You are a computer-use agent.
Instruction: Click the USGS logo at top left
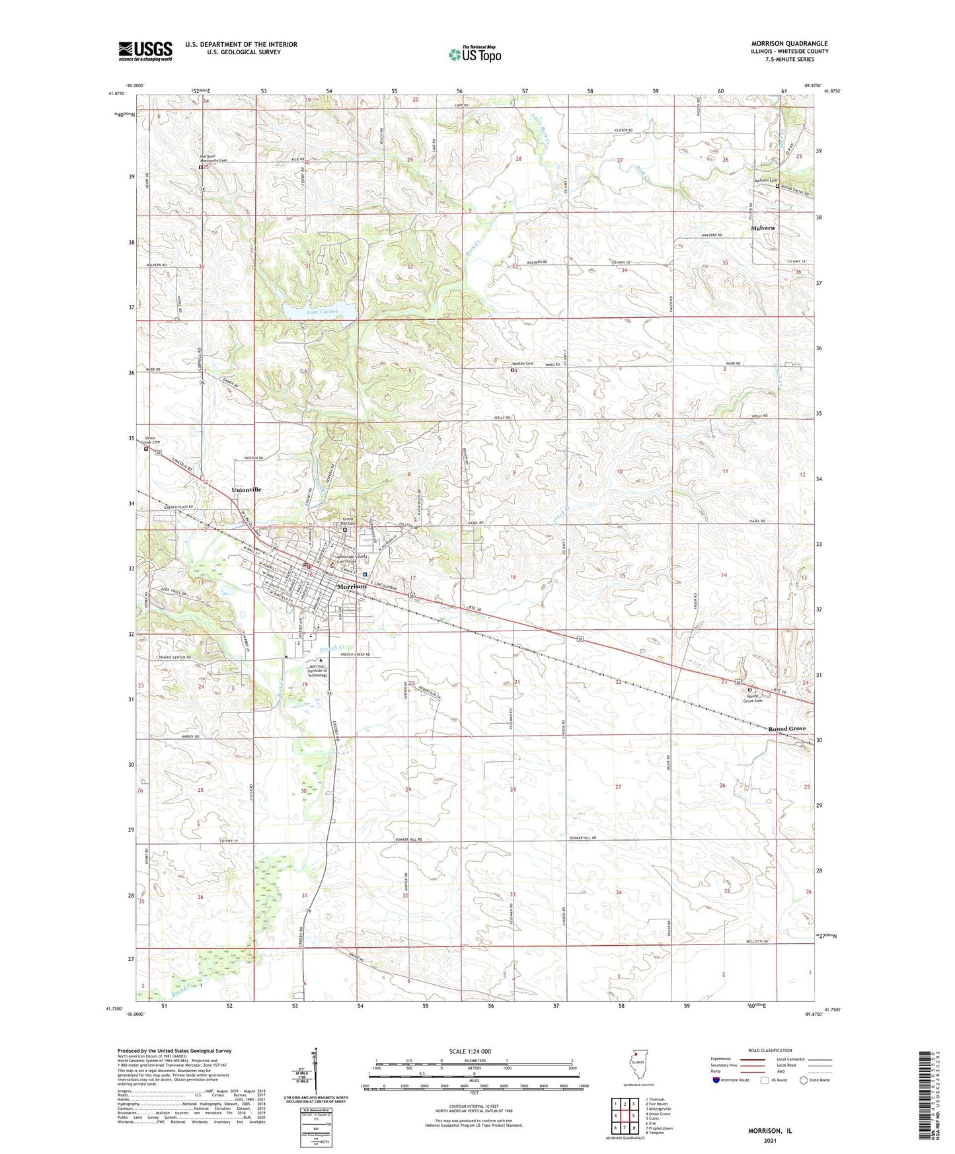145,51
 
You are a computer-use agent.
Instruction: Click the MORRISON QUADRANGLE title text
789,44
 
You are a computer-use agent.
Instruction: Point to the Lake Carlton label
323,311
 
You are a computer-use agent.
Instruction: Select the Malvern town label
763,228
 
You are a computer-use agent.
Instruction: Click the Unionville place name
247,489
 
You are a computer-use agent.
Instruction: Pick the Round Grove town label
786,728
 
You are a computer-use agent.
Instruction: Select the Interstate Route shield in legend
716,1080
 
